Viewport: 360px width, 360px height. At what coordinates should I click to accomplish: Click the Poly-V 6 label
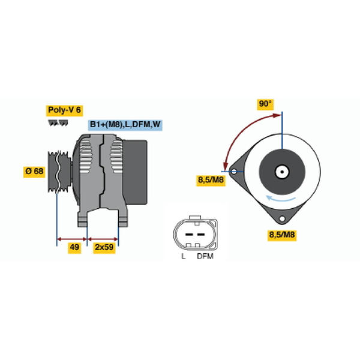[x=64, y=110]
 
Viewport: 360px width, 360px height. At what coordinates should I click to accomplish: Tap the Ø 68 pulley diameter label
[x=34, y=172]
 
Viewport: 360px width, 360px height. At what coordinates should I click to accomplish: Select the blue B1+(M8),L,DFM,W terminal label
[x=125, y=125]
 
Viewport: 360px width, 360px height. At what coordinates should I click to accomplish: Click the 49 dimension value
[x=74, y=247]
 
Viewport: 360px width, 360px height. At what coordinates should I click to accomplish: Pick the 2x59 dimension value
[x=104, y=247]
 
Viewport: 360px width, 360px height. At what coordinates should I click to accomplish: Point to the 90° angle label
[x=265, y=104]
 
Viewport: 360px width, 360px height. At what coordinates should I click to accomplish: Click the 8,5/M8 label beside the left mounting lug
[x=211, y=180]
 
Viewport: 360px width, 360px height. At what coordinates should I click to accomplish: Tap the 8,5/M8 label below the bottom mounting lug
[x=282, y=235]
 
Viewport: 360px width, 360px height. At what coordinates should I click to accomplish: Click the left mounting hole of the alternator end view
[x=234, y=172]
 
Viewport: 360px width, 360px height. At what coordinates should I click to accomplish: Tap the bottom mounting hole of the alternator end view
[x=282, y=218]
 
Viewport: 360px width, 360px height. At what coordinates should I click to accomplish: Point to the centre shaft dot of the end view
[x=282, y=172]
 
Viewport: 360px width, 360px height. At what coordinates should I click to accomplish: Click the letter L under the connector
[x=183, y=256]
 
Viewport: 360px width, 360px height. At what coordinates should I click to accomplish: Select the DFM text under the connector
[x=205, y=256]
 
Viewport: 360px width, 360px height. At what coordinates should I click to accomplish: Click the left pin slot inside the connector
[x=189, y=235]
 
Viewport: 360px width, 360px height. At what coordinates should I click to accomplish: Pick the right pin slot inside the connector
[x=201, y=235]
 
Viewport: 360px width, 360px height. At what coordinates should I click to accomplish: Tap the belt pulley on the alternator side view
[x=59, y=172]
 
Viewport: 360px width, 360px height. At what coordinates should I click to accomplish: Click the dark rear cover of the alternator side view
[x=135, y=172]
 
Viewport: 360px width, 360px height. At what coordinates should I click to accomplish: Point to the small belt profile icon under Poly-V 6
[x=58, y=123]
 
